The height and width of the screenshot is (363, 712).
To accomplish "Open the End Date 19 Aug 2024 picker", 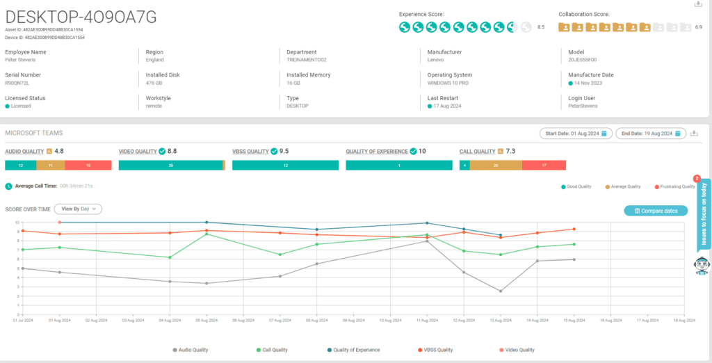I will coord(650,134).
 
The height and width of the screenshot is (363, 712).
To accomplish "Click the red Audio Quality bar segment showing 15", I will coord(88,166).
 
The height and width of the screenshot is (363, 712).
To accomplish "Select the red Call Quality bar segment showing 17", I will coord(544,166).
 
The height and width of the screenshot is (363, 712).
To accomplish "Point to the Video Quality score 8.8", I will coord(172,151).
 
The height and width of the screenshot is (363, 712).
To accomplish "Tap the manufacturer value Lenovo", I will coord(437,60).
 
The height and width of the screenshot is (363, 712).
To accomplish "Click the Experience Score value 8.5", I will coord(541,27).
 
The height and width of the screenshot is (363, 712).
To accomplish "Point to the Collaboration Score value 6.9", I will coord(698,27).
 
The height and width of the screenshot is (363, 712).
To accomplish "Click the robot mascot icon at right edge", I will coord(702,266).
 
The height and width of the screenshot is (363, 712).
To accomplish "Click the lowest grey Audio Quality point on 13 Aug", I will coord(500,291).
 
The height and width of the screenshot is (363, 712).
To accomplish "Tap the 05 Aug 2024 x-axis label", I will coord(205,320).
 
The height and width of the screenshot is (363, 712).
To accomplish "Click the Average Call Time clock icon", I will coord(8,186).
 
